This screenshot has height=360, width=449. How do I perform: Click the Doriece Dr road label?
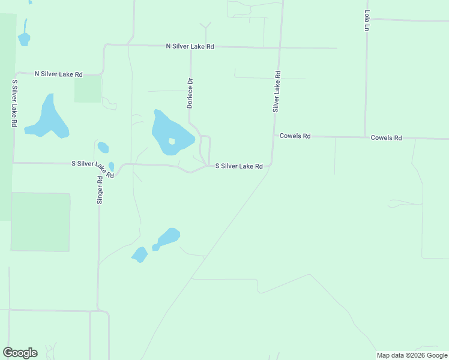click(x=190, y=93)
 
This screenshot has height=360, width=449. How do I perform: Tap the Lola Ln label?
click(x=366, y=20)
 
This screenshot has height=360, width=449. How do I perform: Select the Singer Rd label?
click(x=100, y=189)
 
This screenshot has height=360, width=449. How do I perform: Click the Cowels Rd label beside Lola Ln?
click(x=386, y=138)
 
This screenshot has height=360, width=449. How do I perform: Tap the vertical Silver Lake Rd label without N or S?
click(x=277, y=92)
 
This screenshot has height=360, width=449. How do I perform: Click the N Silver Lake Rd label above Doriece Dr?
click(x=190, y=46)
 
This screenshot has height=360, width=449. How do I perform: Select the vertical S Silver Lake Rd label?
click(x=13, y=103)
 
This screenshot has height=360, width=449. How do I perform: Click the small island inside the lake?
click(x=172, y=142)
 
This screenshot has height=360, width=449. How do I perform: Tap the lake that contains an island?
click(x=165, y=129)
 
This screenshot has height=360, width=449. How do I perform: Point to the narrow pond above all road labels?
click(x=24, y=35)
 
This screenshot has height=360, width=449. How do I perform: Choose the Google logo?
click(x=20, y=353)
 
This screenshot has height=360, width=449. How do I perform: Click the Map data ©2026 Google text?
click(x=412, y=355)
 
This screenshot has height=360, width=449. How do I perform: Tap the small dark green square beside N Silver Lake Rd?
click(x=88, y=89)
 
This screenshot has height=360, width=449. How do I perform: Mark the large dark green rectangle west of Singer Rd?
click(x=40, y=221)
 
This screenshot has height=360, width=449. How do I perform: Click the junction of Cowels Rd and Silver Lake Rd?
click(x=274, y=136)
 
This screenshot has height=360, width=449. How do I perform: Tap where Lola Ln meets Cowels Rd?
click(x=365, y=137)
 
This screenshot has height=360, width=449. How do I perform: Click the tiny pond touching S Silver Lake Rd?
click(x=112, y=166)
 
